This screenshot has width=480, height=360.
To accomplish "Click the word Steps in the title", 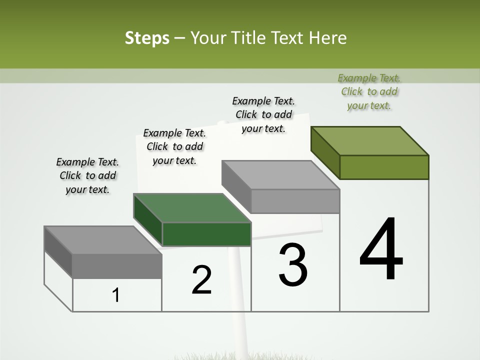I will pos(147,38).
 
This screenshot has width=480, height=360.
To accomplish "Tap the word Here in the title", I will pos(328,38).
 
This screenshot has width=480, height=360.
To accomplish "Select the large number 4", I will pos(381,249).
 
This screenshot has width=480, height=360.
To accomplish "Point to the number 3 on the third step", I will pos(293,265).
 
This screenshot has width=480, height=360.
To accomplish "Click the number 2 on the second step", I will pos(202,280).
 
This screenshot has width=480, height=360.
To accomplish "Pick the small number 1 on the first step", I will pos(116,295).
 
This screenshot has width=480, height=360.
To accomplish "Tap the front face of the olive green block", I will pos(384,167).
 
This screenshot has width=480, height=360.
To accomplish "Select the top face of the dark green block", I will pos(192,208).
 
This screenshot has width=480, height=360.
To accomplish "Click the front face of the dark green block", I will pos(206,234).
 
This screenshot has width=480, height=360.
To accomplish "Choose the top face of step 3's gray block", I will pos(280,175).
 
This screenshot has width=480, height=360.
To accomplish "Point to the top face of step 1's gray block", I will pos(103,240).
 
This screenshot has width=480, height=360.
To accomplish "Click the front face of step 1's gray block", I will pos(117,266).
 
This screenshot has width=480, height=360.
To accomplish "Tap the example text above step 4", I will pos(369,91).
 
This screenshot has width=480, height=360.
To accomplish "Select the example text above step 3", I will pos(263,114).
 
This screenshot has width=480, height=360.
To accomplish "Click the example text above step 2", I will pos(174,146).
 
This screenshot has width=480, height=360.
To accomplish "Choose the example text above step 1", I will pos(87,175).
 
